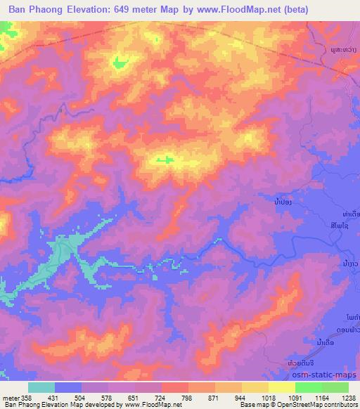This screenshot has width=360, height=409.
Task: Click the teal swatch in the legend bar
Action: (41, 387)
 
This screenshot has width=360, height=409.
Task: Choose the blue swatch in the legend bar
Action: (68, 387)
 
